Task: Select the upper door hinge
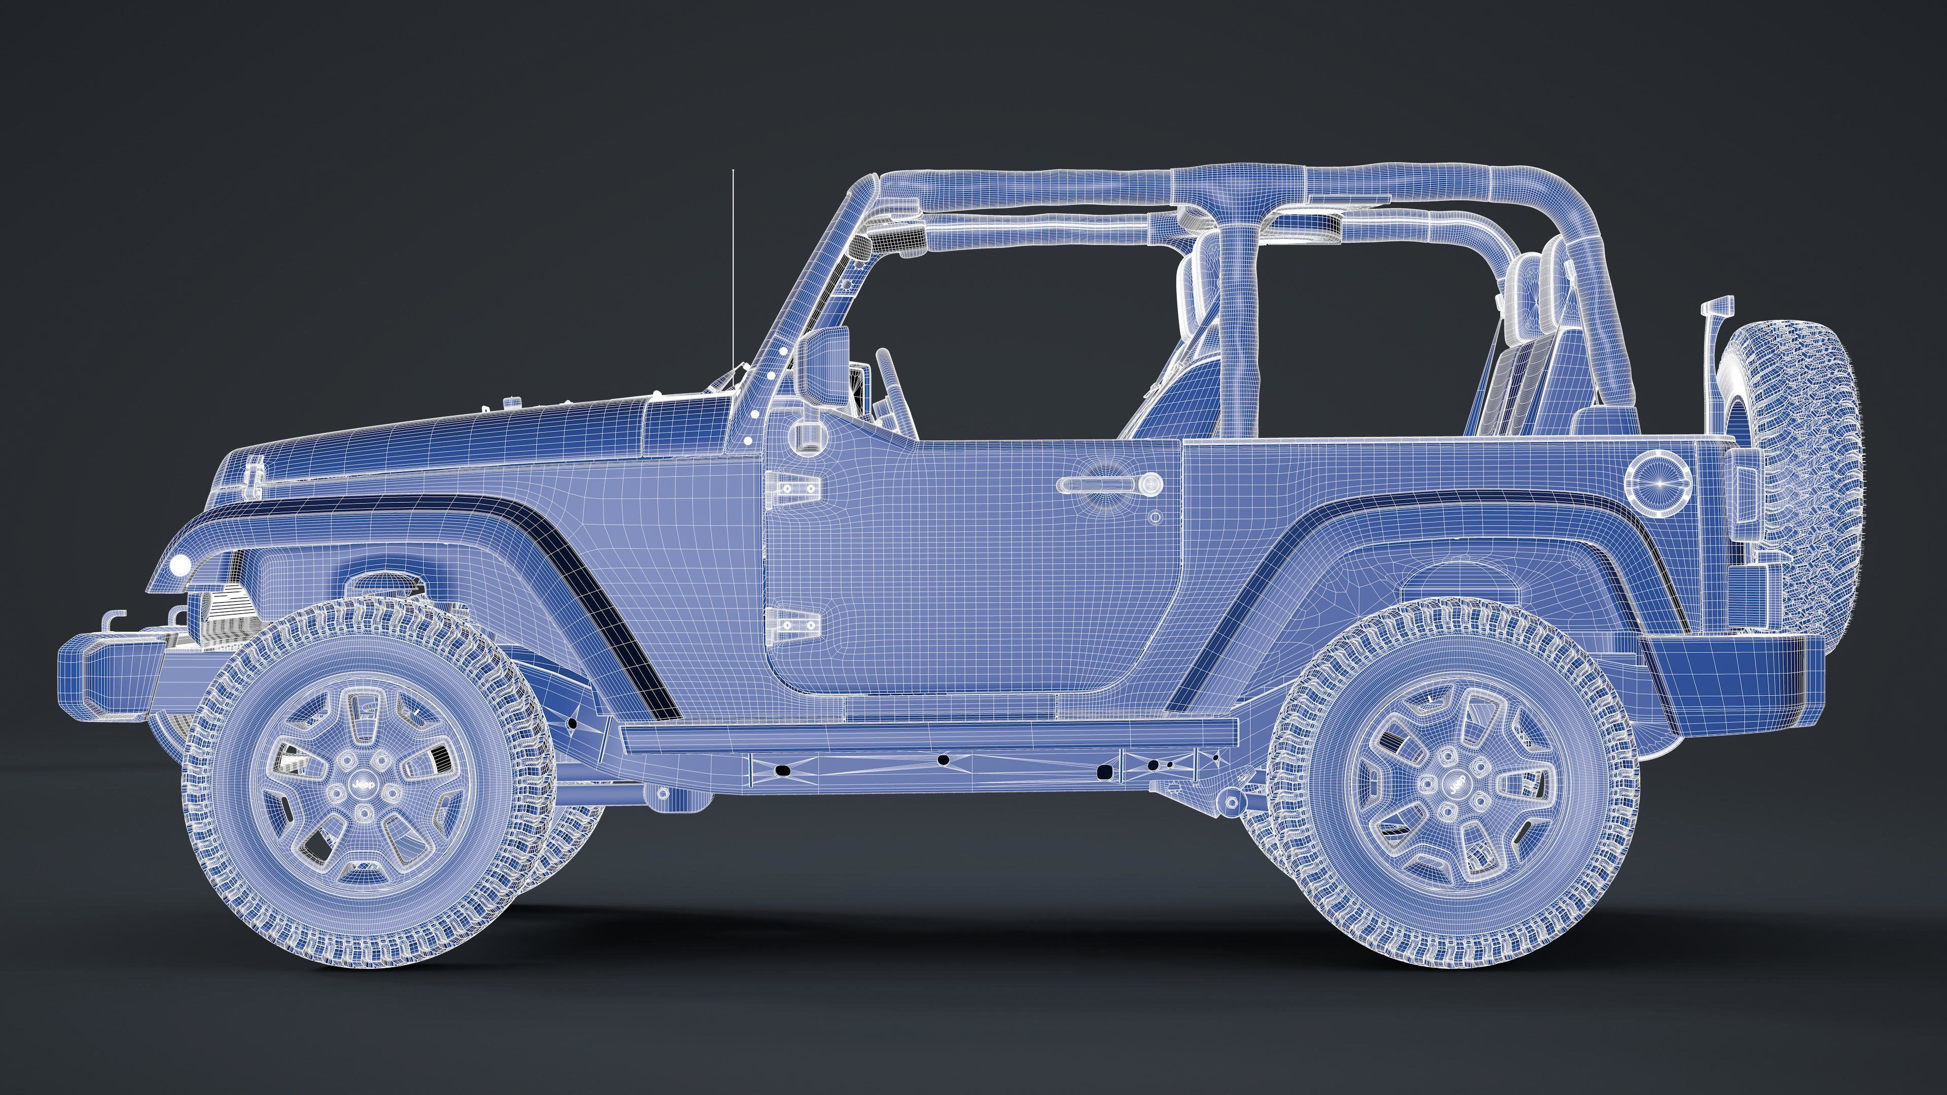pyautogui.click(x=792, y=487)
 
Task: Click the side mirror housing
pyautogui.click(x=824, y=367)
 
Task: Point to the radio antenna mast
pyautogui.click(x=732, y=272)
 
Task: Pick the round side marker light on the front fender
pyautogui.click(x=181, y=565)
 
